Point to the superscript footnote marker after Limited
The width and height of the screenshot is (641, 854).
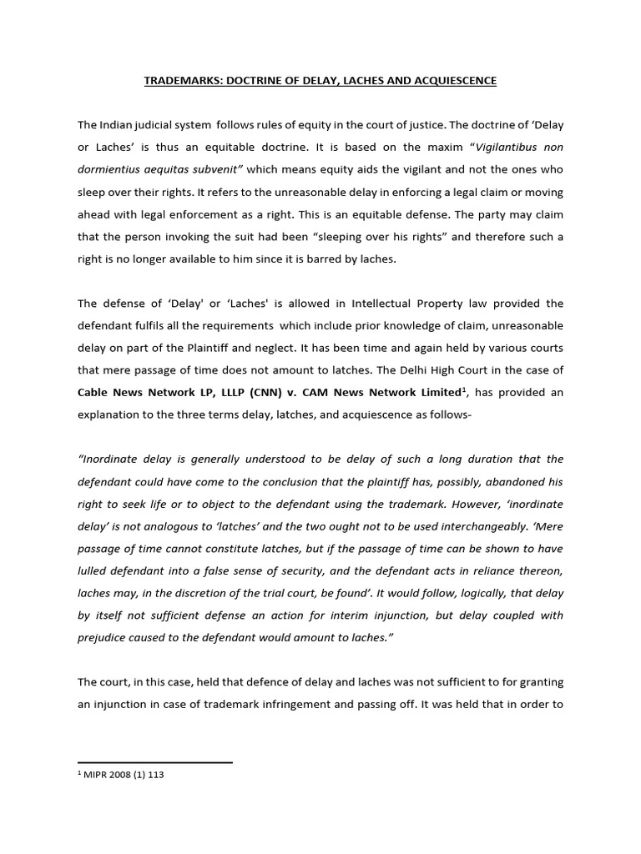point(463,388)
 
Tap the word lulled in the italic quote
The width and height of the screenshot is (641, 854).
point(93,570)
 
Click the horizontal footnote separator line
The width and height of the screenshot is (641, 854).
point(154,762)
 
